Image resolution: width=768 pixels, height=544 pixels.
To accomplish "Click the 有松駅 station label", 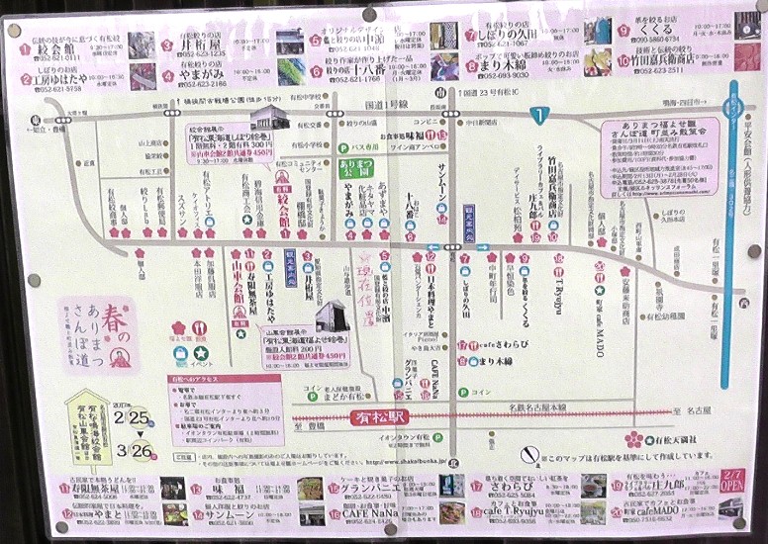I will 381,418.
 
